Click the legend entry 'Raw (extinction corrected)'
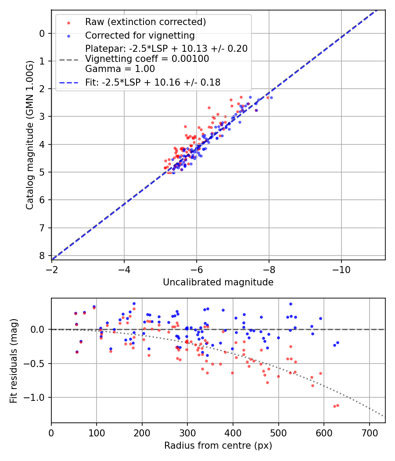click(145, 22)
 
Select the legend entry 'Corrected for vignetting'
click(140, 35)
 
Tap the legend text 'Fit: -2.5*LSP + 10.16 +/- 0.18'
click(153, 82)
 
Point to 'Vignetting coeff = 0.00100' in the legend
click(147, 58)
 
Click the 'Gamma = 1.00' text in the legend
click(120, 68)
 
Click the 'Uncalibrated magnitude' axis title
click(218, 282)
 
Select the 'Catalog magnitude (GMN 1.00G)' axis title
click(29, 134)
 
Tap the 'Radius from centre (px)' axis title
click(218, 446)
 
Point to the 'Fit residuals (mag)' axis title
click(14, 361)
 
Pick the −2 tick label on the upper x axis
click(51, 270)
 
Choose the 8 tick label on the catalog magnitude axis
click(42, 256)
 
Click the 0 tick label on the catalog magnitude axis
click(42, 33)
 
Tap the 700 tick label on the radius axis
click(369, 433)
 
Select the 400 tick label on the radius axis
click(233, 433)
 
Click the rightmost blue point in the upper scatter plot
click(271, 97)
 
